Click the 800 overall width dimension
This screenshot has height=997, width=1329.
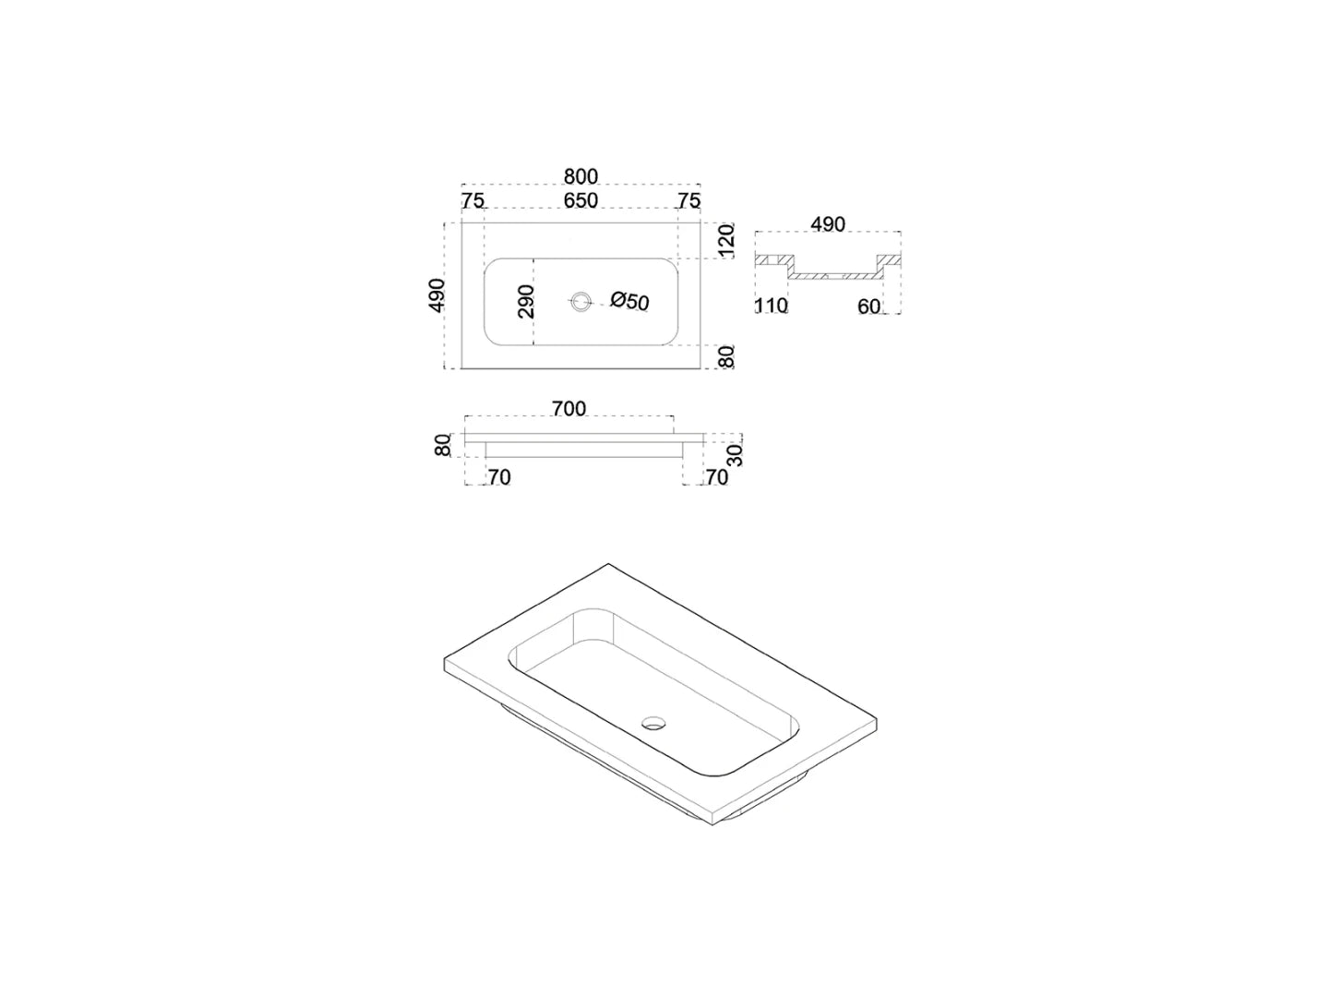581,176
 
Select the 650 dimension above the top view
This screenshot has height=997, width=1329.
581,200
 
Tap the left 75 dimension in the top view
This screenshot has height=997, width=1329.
473,200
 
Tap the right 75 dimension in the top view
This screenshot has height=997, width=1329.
689,200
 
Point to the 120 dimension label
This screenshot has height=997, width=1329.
726,240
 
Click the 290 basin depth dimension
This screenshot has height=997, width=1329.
526,302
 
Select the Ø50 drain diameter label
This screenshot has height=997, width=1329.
630,301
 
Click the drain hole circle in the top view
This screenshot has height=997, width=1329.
581,300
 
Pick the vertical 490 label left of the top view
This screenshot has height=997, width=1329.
437,295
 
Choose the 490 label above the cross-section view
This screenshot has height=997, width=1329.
828,224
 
